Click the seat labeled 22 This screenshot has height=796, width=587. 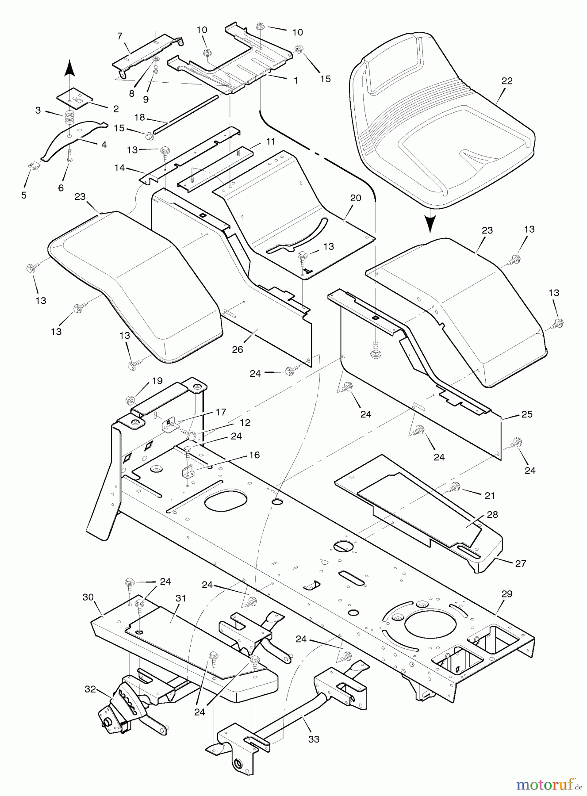click(442, 119)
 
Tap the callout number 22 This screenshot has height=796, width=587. click(507, 81)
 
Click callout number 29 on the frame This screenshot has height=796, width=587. click(507, 594)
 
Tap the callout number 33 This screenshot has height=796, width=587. click(314, 739)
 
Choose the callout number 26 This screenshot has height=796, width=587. click(238, 349)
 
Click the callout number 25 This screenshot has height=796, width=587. click(527, 414)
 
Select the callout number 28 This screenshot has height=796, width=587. click(492, 514)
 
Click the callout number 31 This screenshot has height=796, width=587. click(181, 598)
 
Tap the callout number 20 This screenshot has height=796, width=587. click(356, 198)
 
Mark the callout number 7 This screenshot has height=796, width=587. click(120, 36)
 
